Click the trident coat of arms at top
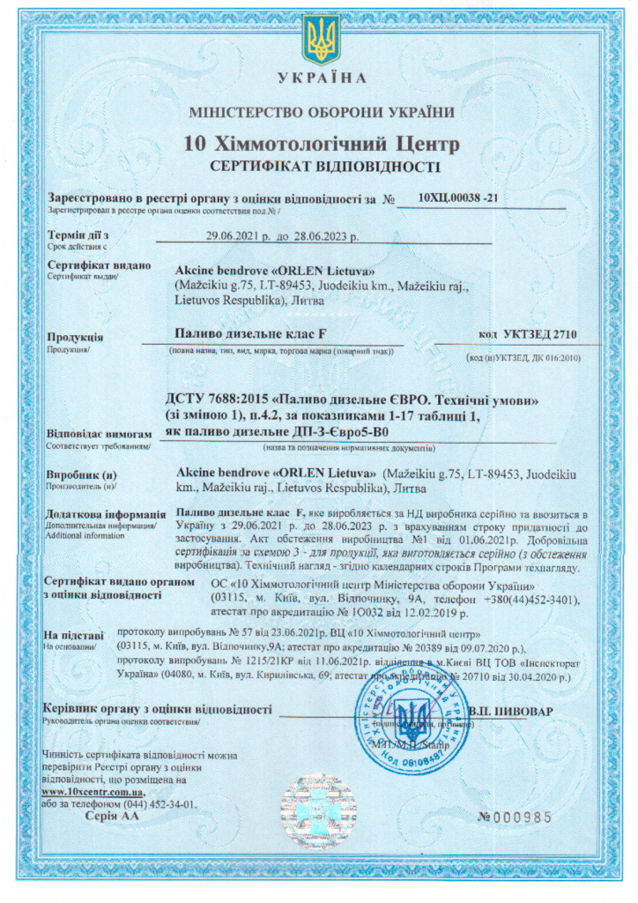pos(320,40)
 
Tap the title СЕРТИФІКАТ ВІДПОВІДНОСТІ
pos(319,166)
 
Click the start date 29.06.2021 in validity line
pos(234,236)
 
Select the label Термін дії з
pos(78,235)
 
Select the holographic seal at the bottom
pos(318,810)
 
